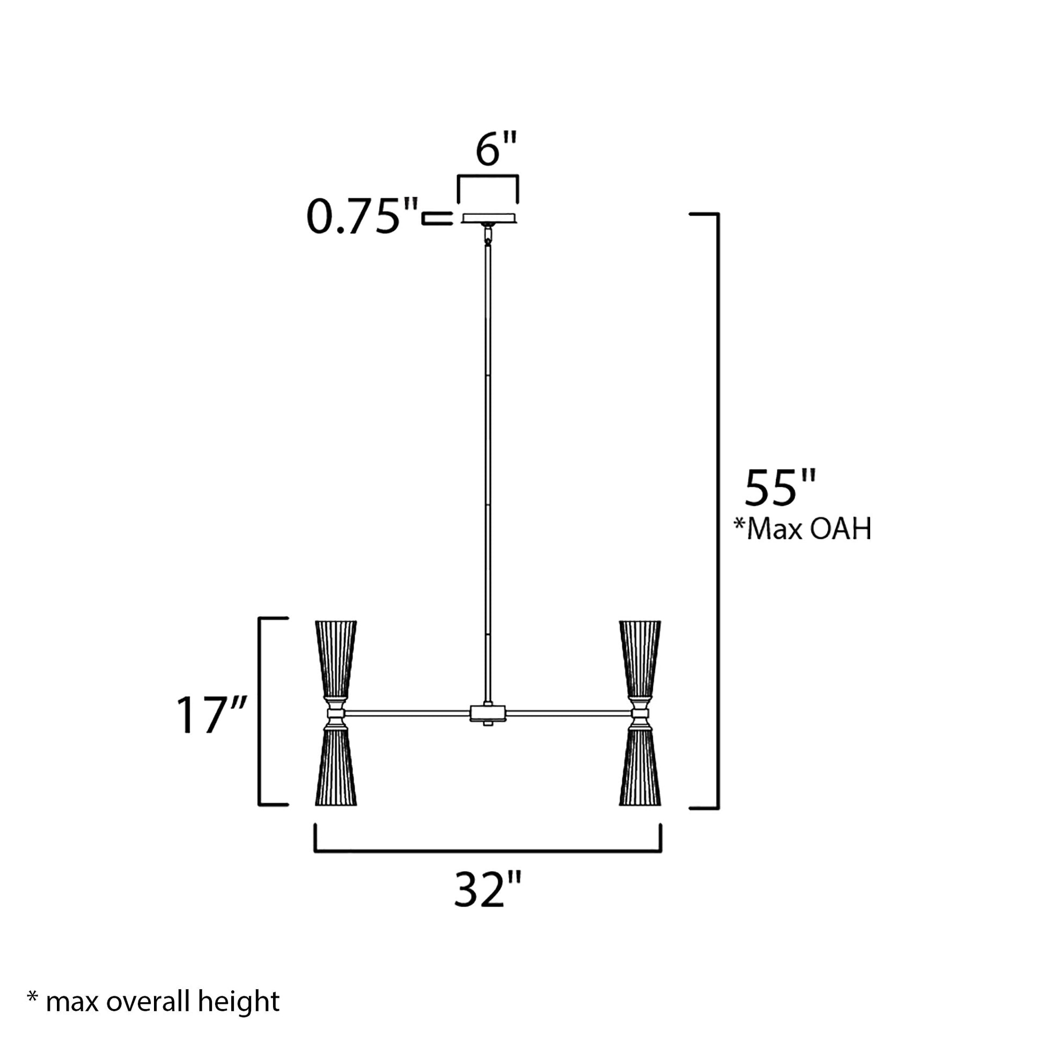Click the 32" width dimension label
(x=488, y=889)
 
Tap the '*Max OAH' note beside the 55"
(x=803, y=529)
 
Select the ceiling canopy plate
(x=489, y=218)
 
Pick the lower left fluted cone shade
(x=336, y=767)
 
